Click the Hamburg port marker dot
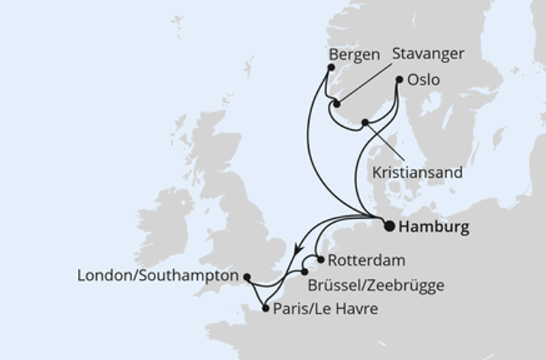[389, 225]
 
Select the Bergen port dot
[331, 68]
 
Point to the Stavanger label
[428, 54]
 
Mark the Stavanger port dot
[337, 103]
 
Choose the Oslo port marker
[399, 78]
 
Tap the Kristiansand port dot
[364, 122]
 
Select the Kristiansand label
[417, 172]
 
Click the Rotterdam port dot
[321, 260]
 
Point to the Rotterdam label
[367, 261]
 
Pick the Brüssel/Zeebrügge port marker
[304, 272]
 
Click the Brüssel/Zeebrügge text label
[376, 285]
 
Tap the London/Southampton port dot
[246, 276]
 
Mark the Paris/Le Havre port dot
[265, 307]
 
